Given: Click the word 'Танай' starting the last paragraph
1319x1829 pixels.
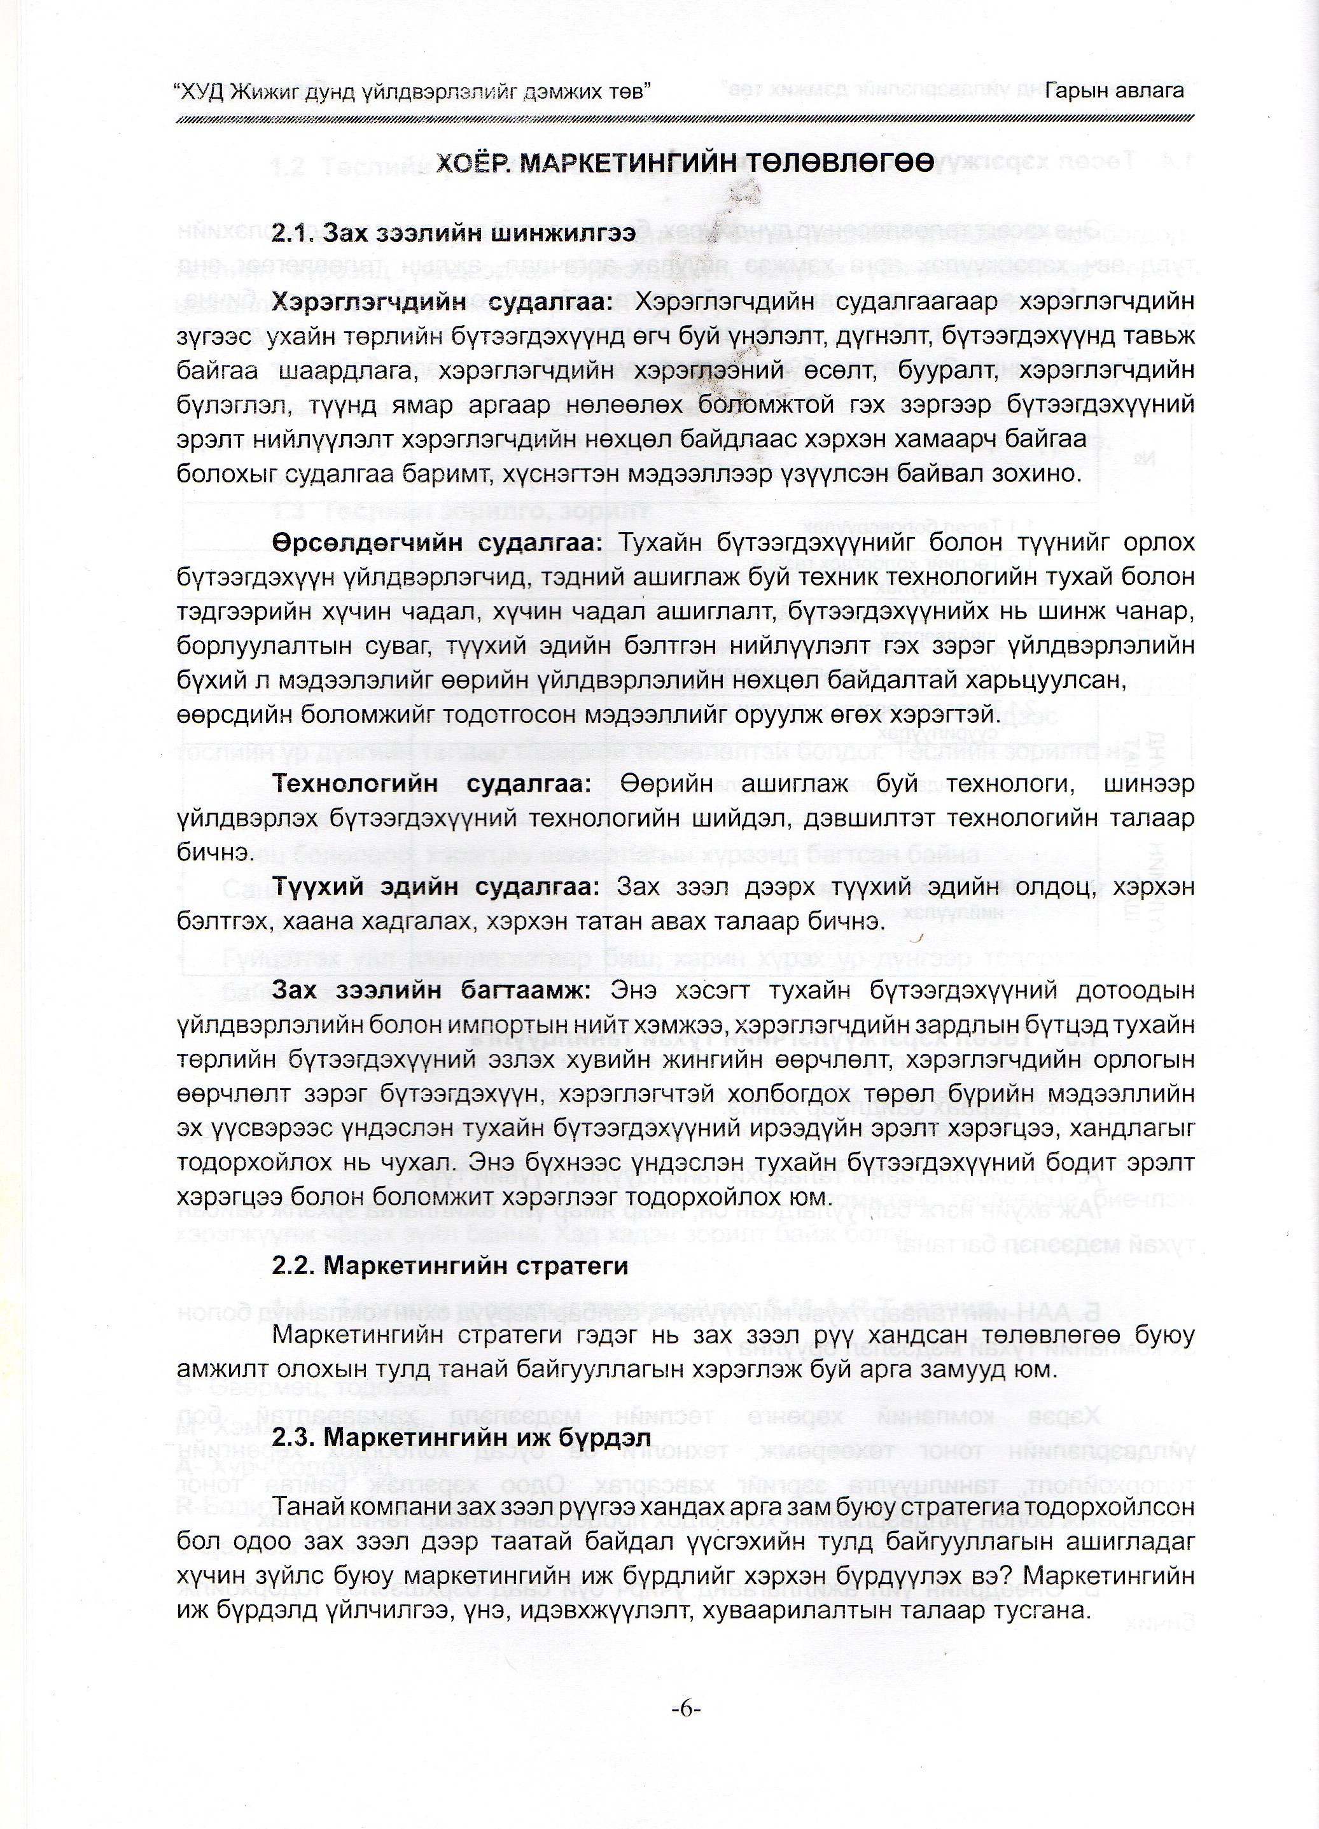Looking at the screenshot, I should click(x=302, y=1506).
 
